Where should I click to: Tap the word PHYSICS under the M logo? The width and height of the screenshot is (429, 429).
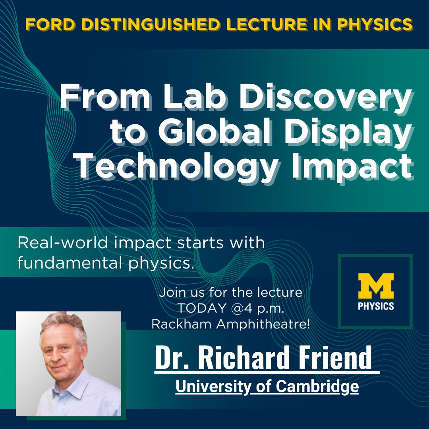click(375, 306)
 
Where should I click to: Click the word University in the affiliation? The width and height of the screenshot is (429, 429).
click(209, 386)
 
